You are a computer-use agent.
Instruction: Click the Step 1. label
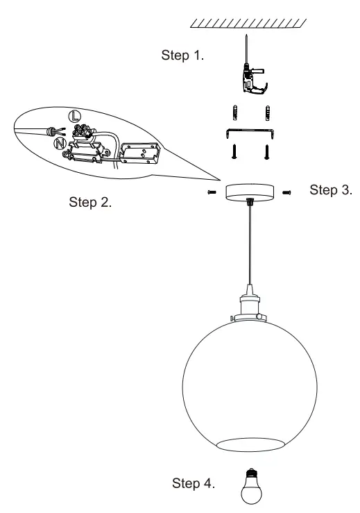point(182,56)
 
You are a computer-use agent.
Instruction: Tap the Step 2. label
point(91,203)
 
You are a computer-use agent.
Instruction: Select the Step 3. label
point(331,190)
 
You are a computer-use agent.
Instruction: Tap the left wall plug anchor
point(237,112)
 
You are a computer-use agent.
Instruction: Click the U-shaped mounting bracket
point(251,133)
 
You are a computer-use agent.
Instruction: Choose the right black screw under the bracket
point(266,151)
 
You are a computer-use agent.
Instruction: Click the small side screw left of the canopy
point(211,193)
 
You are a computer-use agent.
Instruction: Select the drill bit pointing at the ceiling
point(248,48)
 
